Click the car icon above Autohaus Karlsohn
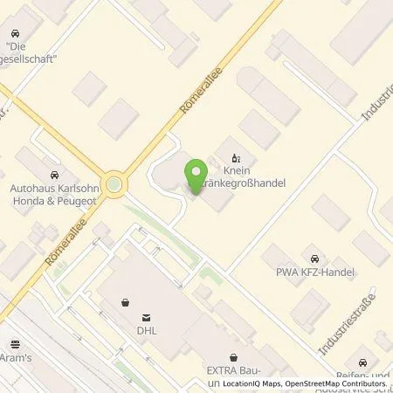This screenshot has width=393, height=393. [56, 172]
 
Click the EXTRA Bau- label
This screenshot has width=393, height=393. [236, 370]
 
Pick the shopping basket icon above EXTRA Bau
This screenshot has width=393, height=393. [233, 356]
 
